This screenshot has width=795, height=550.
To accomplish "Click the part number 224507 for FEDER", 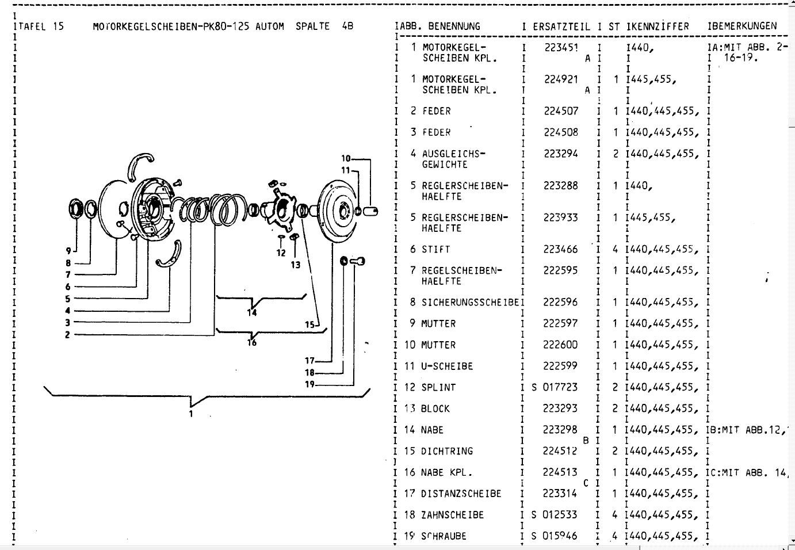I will tap(561, 111).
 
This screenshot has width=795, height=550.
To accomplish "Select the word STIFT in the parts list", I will tap(435, 250).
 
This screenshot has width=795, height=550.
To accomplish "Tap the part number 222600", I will tap(561, 345).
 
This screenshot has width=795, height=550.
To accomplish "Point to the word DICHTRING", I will tap(447, 451).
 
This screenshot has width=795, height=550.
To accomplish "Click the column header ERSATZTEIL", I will tap(561, 26).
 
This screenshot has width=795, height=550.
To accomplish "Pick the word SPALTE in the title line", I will tap(313, 26).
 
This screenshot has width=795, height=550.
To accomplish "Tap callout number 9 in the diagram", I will tap(67, 251).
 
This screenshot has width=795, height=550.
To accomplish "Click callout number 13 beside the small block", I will tap(295, 265).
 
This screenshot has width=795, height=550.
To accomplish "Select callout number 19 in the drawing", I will tap(310, 384).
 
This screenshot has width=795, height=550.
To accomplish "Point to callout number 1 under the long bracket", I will tap(191, 413).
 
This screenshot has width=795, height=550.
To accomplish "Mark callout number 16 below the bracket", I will tap(251, 343).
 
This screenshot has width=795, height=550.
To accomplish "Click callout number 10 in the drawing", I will tap(346, 158).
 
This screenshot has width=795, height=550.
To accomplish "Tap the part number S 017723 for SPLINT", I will tap(555, 388).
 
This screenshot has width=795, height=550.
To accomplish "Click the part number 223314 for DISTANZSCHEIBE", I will tap(561, 494).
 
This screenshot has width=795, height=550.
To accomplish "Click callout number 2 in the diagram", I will tap(67, 335).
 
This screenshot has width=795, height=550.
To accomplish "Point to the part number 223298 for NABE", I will tap(561, 430).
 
